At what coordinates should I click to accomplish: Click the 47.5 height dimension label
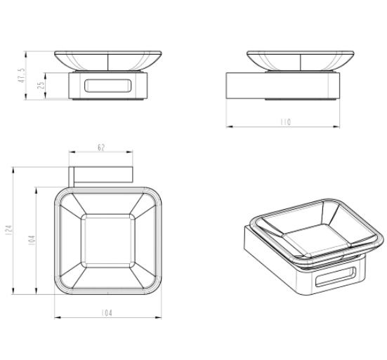(x=22, y=76)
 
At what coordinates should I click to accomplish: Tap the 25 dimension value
(x=41, y=85)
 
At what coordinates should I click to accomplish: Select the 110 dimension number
(x=286, y=122)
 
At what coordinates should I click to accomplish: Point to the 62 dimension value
(x=101, y=147)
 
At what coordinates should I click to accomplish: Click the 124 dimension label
(x=8, y=229)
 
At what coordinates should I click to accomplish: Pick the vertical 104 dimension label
(x=32, y=240)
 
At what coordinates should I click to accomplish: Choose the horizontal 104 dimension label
(x=107, y=313)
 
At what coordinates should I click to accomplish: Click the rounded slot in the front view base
(x=108, y=86)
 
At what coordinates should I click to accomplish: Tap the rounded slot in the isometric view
(x=336, y=276)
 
